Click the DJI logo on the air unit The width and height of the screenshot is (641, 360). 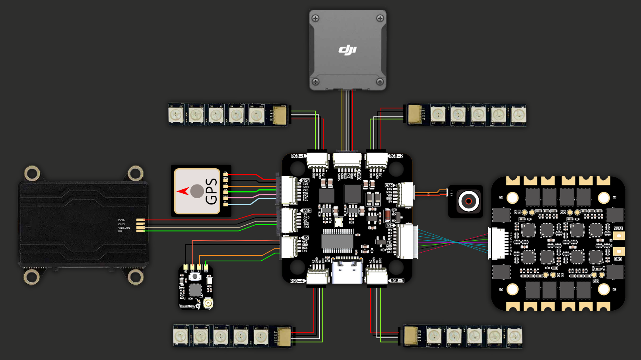[x=348, y=50]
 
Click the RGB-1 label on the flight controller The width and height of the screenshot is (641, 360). [x=298, y=156]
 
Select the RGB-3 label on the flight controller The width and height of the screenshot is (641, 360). [x=397, y=281]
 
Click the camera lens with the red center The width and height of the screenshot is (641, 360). [x=468, y=201]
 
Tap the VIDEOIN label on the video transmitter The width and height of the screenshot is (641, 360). [x=124, y=228]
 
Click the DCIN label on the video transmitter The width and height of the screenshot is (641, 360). [x=122, y=220]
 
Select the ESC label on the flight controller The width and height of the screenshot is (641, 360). [x=389, y=226]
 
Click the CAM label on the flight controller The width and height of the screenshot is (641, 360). [x=388, y=185]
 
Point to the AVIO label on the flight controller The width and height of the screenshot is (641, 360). [x=307, y=210]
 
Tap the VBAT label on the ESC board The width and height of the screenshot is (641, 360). [x=618, y=228]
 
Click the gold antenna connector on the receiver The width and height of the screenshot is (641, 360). [x=208, y=304]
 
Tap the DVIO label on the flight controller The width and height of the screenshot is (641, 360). [x=359, y=175]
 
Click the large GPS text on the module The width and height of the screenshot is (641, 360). [x=211, y=191]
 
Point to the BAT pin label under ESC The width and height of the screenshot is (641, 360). [x=389, y=252]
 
